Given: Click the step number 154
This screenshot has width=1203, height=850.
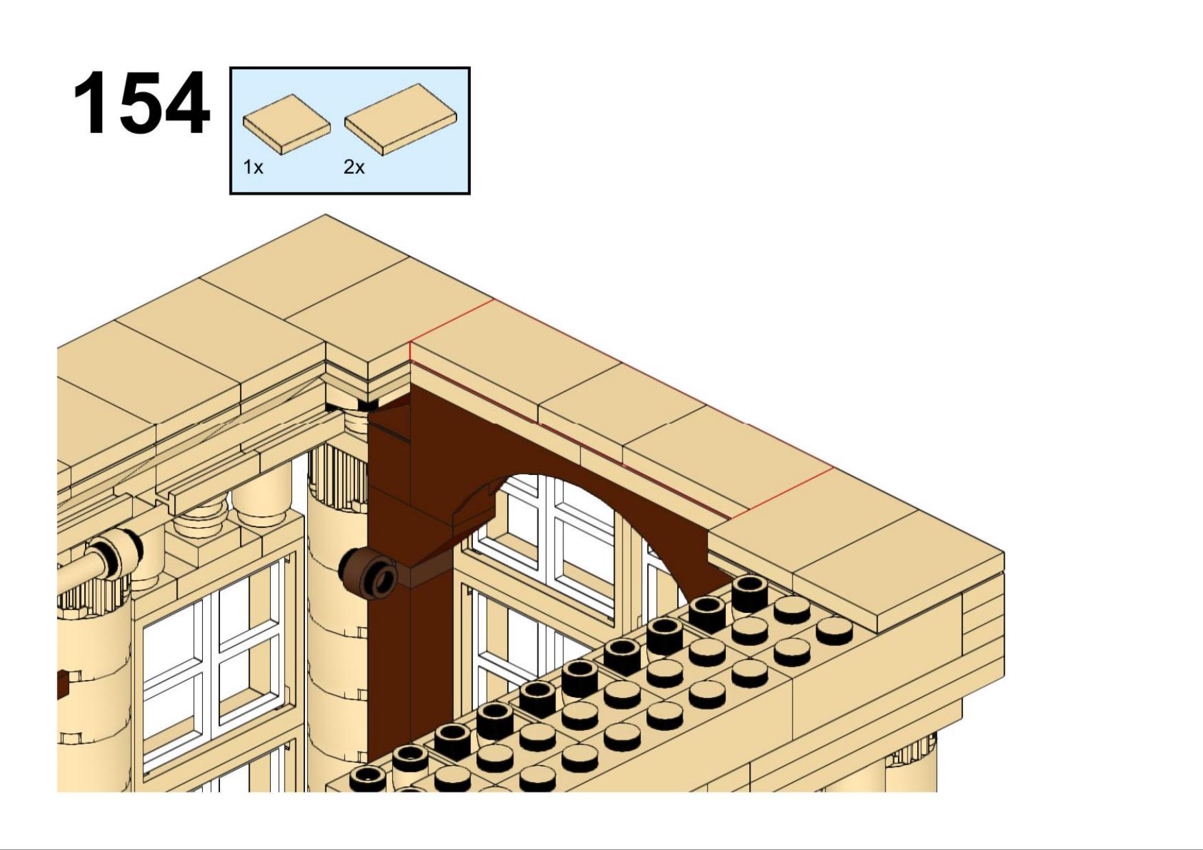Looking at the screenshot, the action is pos(141,104).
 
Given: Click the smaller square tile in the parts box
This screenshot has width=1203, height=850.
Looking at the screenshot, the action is pos(287,124).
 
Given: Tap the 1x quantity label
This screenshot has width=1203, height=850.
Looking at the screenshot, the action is pos(253,167).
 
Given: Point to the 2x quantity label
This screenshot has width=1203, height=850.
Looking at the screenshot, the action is pos(354,167).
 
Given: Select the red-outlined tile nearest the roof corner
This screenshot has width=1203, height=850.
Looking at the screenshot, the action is pos(514,356).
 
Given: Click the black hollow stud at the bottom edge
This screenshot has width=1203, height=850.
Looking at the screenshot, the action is pos(368,779).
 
